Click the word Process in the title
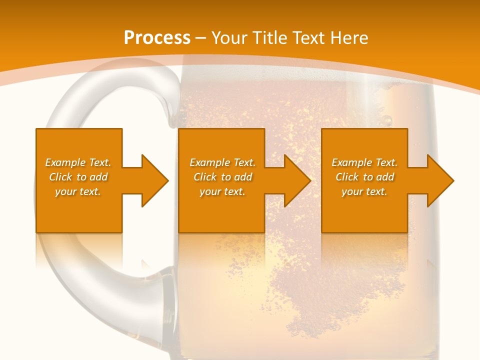pyautogui.click(x=157, y=38)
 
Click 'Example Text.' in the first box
pyautogui.click(x=78, y=162)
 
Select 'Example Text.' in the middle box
pyautogui.click(x=222, y=162)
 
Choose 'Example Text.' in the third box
pyautogui.click(x=364, y=162)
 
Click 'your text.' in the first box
pyautogui.click(x=78, y=191)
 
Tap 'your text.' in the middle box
pyautogui.click(x=222, y=191)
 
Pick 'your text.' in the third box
pyautogui.click(x=364, y=191)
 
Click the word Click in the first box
pyautogui.click(x=61, y=177)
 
